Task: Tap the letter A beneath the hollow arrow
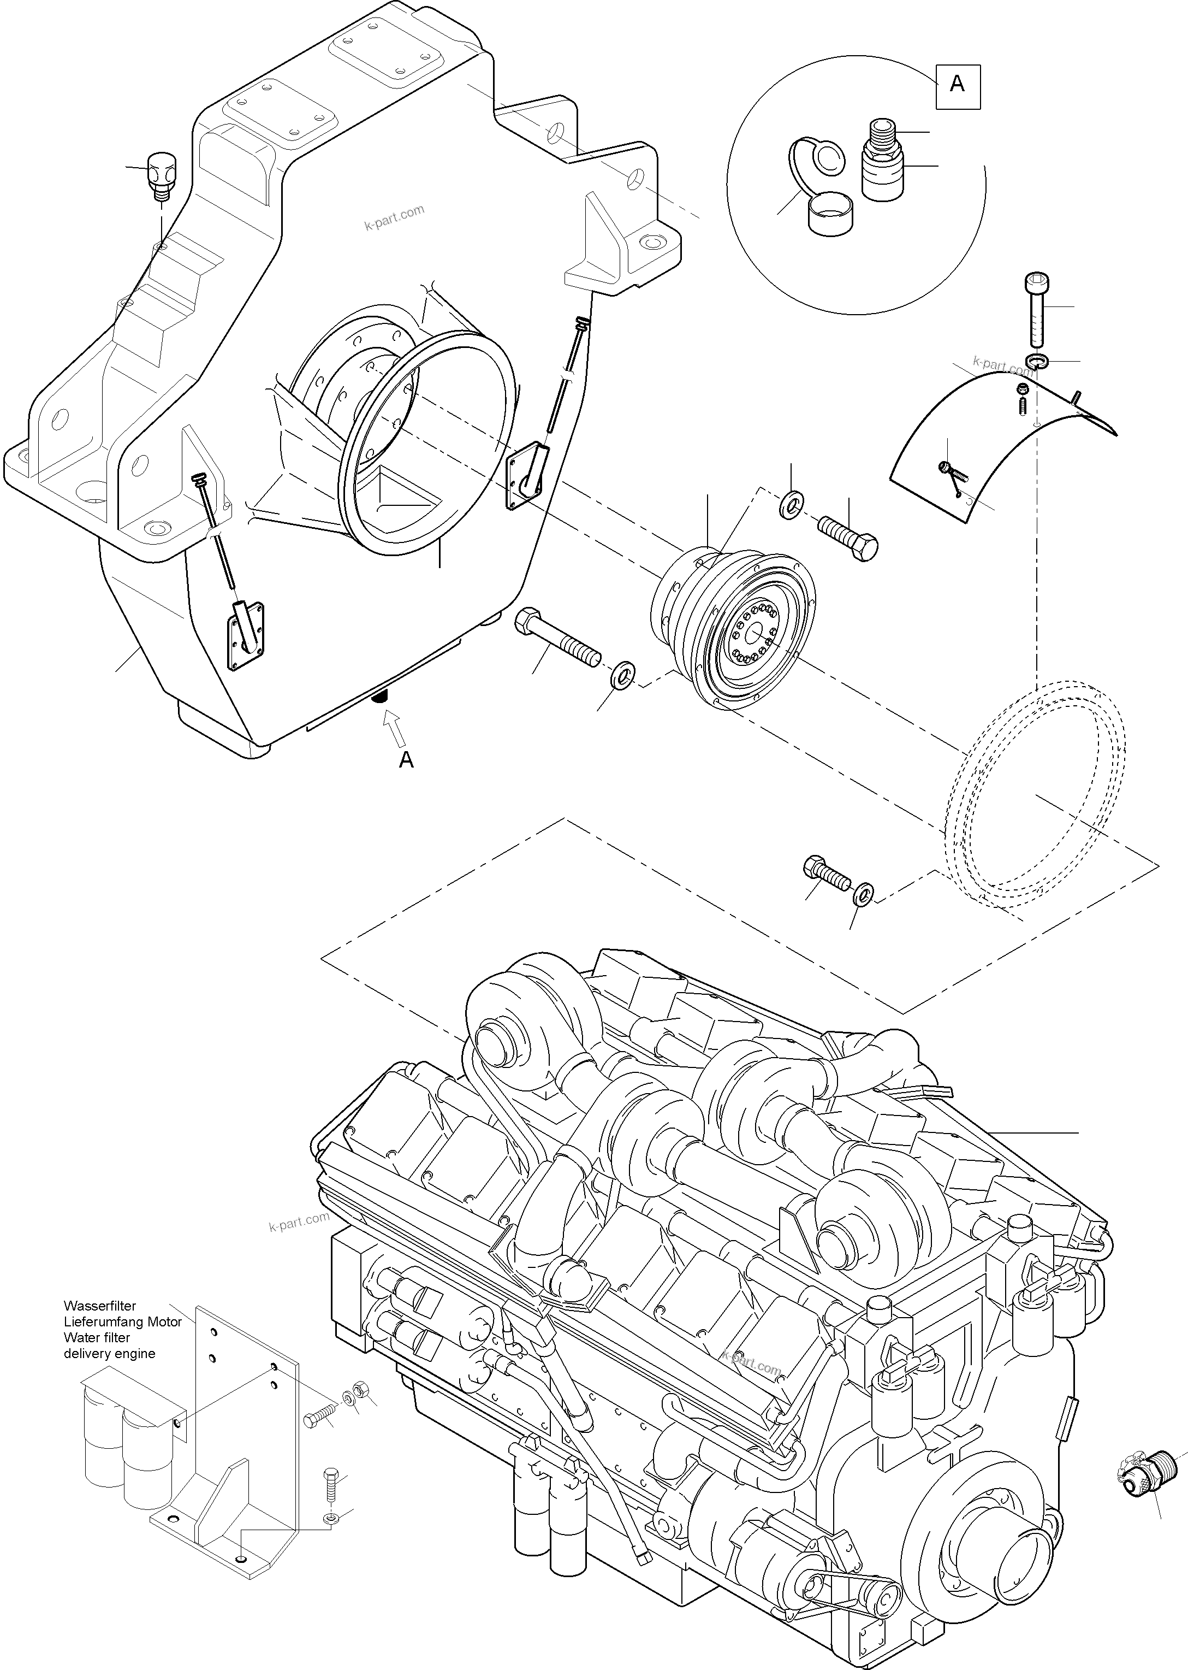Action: [406, 760]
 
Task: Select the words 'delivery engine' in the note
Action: [109, 1353]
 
